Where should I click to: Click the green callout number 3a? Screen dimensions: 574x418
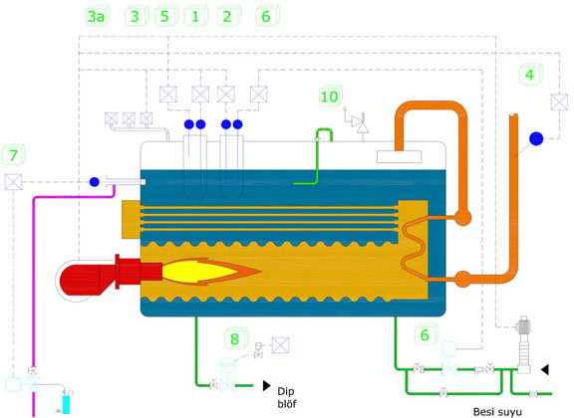click(x=97, y=17)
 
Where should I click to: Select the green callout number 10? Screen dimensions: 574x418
click(x=329, y=97)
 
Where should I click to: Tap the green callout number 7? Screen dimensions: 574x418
click(x=14, y=155)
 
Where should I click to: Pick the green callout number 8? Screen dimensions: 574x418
click(x=234, y=339)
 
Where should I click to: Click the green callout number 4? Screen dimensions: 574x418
click(x=529, y=75)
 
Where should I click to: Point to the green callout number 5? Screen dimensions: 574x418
click(x=164, y=17)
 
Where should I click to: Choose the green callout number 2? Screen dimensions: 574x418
click(x=227, y=17)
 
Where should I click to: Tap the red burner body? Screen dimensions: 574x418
click(x=110, y=273)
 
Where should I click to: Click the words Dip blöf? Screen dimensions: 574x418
click(x=287, y=397)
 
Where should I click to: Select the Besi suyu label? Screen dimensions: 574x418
click(x=497, y=412)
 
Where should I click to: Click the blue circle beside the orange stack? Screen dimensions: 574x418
click(x=536, y=138)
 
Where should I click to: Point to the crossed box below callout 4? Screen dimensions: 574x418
click(x=559, y=103)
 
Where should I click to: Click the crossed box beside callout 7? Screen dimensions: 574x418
click(x=13, y=182)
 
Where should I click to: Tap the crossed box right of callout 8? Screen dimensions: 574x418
click(x=280, y=345)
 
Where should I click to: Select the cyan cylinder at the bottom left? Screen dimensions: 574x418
click(x=66, y=404)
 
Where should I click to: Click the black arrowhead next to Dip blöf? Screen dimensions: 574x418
click(x=267, y=385)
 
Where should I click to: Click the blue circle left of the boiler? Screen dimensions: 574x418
click(x=95, y=182)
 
